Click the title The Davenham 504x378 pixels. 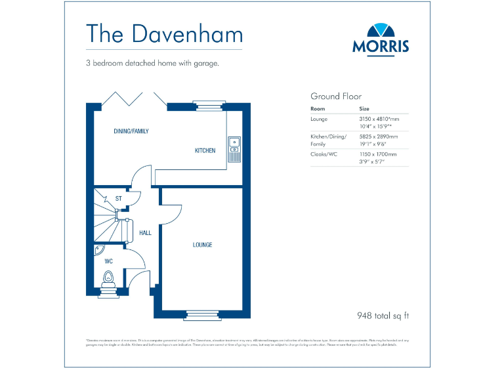pos(164,34)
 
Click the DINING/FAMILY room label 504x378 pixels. pos(131,131)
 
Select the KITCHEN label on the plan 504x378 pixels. pos(205,151)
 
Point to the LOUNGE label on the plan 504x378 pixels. pos(202,245)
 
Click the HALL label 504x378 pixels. pos(145,233)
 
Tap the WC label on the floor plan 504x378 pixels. pos(108,261)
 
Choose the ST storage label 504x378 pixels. pos(119,198)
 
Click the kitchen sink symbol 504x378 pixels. pos(234,148)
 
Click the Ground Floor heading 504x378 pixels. pos(335,96)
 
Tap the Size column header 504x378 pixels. pos(364,108)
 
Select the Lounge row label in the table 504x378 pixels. pos(320,119)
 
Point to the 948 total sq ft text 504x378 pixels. pos(382,316)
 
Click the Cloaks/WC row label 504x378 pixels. pos(325,154)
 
